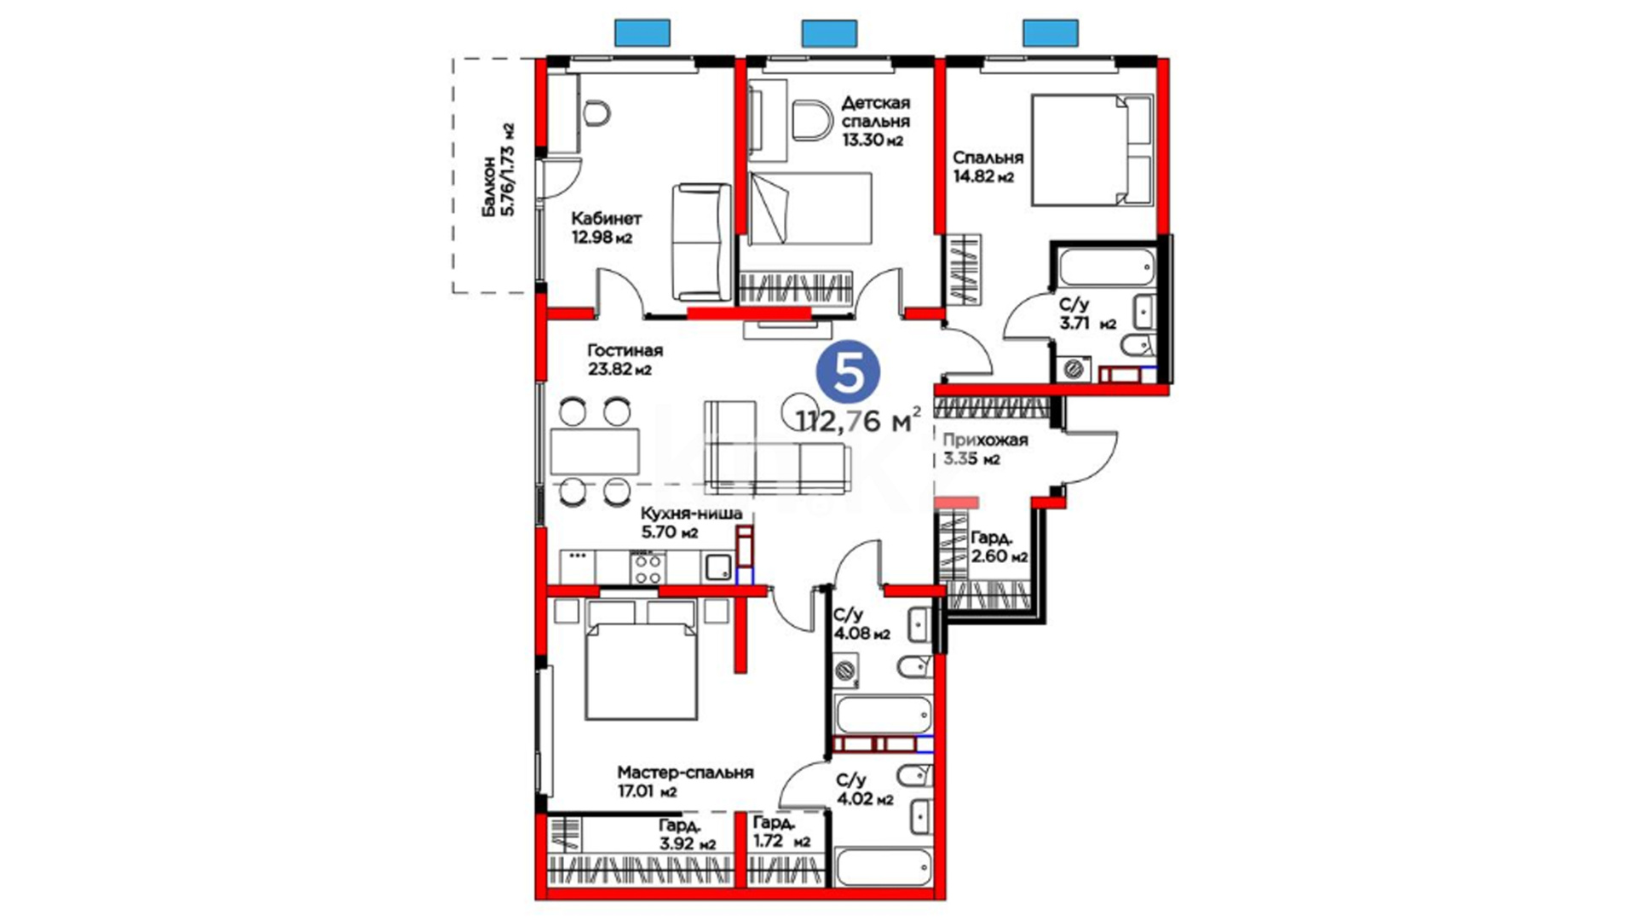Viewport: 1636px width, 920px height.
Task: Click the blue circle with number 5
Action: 848,372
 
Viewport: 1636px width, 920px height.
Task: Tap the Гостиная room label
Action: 625,350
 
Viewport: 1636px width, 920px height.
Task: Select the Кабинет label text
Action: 606,218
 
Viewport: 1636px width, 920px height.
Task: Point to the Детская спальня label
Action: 875,112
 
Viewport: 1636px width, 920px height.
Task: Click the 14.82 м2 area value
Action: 983,177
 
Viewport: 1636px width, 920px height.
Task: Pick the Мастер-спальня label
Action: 685,773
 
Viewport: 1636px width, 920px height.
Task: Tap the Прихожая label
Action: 985,440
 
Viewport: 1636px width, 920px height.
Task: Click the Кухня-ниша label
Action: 691,514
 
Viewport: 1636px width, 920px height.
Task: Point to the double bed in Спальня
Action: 1092,150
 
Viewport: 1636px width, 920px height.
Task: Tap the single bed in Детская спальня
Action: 810,209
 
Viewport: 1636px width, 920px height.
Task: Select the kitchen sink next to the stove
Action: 717,566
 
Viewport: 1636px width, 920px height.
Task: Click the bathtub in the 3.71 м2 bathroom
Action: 1105,267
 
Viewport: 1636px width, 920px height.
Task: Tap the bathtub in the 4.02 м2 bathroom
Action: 884,868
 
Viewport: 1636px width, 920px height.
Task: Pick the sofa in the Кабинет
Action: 701,242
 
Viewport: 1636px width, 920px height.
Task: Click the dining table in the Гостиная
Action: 595,451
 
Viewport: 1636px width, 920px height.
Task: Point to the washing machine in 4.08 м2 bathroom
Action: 845,671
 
